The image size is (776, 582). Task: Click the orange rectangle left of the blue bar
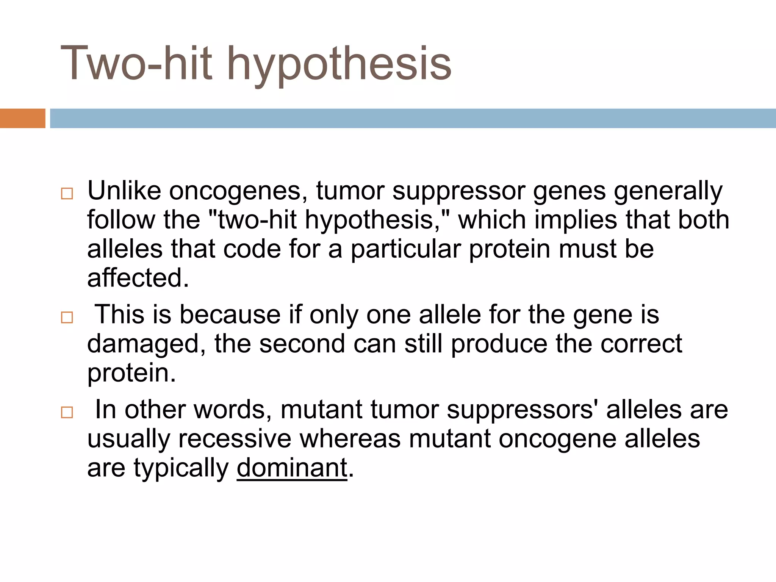pos(22,118)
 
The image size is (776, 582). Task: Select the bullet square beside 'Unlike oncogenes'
pos(67,194)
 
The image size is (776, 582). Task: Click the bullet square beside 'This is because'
pos(67,317)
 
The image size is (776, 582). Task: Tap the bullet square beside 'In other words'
pos(67,412)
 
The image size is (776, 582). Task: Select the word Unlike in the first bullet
pos(124,191)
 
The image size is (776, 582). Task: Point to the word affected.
pos(138,278)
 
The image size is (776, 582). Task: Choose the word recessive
pos(235,439)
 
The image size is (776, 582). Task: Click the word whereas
pos(350,439)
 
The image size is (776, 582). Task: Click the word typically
pos(181,468)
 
